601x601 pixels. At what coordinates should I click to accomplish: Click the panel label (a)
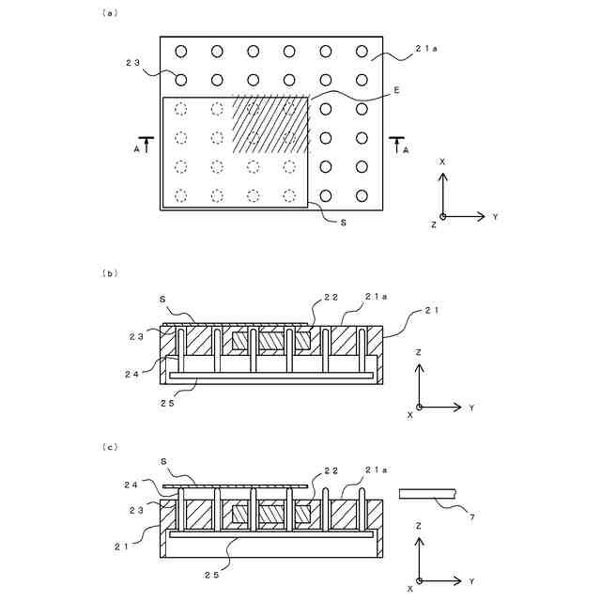pos(109,14)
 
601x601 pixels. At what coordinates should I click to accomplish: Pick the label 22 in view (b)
pos(331,297)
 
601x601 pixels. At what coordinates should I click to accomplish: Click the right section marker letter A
pos(405,147)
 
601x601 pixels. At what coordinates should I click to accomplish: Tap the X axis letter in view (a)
pos(442,162)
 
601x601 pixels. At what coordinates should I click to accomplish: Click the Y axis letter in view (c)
pos(471,580)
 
